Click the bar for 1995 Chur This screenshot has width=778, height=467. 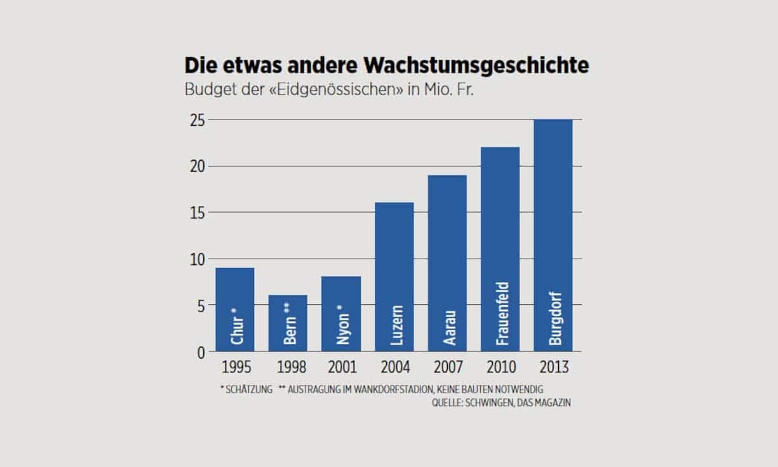[235, 309]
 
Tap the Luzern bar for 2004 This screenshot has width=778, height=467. [394, 276]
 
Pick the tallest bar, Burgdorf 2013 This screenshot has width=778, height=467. [553, 235]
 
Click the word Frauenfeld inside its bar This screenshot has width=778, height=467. [502, 313]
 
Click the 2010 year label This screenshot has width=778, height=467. [500, 367]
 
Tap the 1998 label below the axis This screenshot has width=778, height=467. [288, 367]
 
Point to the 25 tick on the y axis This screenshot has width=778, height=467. [198, 120]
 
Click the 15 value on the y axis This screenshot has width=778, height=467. [198, 213]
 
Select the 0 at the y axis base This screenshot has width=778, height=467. [201, 352]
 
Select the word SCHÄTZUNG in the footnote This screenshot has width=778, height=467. [249, 389]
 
